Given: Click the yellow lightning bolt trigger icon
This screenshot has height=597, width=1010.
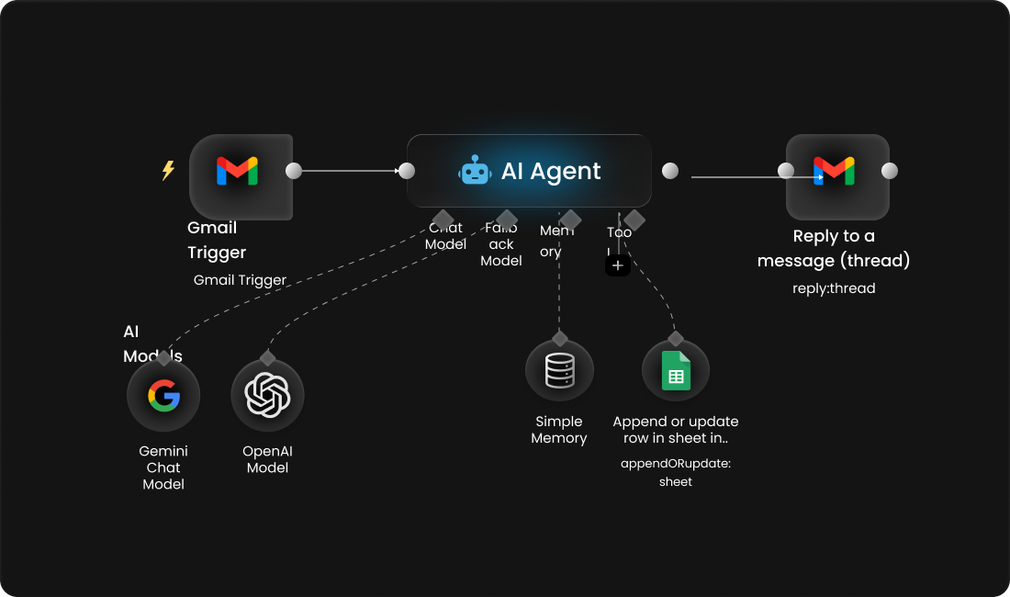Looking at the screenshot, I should coord(168,171).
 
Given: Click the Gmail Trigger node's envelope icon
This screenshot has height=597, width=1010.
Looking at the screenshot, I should coord(237,172).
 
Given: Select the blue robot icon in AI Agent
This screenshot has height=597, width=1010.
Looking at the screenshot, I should coord(476,171).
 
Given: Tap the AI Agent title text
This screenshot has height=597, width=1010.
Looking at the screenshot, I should coord(551,172).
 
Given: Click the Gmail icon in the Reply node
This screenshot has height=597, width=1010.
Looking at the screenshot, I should coord(835,171).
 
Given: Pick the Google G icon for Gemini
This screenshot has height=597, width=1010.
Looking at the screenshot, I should coord(164,396).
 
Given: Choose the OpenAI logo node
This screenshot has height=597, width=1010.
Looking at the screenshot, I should coord(267,396).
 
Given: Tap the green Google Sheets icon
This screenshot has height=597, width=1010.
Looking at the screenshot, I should coord(676,372).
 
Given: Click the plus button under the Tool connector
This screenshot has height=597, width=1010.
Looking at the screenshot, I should coord(618,265).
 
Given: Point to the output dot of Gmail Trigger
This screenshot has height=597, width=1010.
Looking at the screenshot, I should coord(294,171).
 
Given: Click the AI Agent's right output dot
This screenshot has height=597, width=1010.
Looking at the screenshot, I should coord(670,171).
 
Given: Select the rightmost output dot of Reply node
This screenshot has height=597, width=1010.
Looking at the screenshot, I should coord(889,171).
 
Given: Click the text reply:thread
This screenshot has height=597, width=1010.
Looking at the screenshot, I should coord(834,288).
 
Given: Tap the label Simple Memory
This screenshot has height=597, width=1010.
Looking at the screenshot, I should coord(558,430).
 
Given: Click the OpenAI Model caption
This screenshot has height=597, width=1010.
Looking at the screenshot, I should coord(267,459).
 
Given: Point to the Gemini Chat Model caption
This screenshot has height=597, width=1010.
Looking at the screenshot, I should coord(163,467).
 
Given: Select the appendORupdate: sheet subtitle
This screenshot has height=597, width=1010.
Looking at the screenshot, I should coord(676,472).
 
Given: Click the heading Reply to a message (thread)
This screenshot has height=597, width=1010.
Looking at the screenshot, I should coord(834,248).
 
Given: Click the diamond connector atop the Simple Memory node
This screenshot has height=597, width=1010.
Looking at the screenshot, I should coord(559,339).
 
